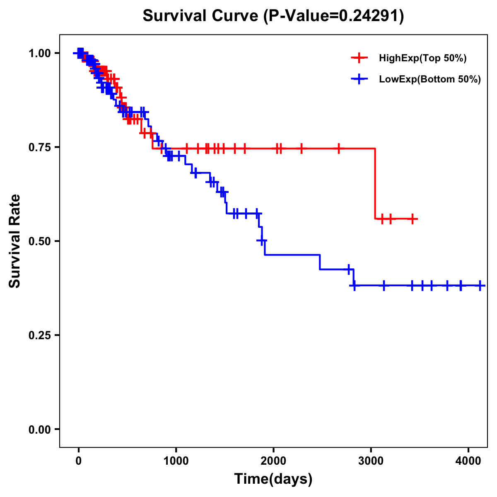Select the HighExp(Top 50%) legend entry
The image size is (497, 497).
click(422, 58)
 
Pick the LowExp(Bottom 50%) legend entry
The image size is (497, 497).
click(430, 80)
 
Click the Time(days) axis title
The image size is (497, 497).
click(273, 479)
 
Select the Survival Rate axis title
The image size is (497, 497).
click(15, 241)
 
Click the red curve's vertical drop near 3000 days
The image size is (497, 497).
click(375, 183)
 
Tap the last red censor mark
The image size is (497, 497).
click(413, 219)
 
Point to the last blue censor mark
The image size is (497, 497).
click(480, 285)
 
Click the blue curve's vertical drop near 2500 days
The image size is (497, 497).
click(320, 262)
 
